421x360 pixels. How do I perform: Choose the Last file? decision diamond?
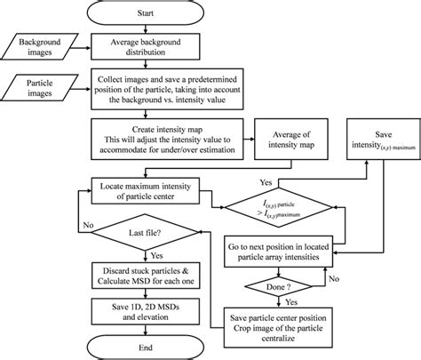coord(147,231)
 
